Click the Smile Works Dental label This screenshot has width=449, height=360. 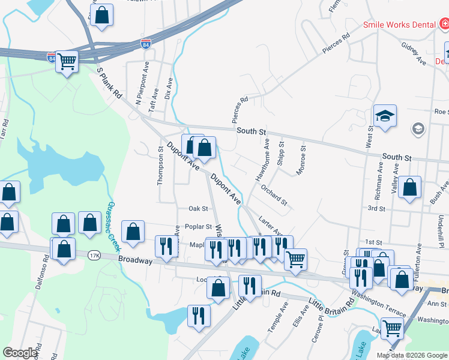pyautogui.click(x=399, y=25)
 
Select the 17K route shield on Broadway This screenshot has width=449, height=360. pyautogui.click(x=94, y=255)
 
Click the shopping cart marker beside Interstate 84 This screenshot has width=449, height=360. pyautogui.click(x=67, y=61)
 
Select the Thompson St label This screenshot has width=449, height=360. pyautogui.click(x=160, y=166)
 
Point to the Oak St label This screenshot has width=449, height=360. pyautogui.click(x=198, y=209)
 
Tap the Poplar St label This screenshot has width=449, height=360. pyautogui.click(x=199, y=227)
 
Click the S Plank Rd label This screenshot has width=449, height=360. pyautogui.click(x=109, y=83)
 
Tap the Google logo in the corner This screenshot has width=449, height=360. pyautogui.click(x=20, y=353)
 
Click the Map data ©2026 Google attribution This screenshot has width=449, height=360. pyautogui.click(x=412, y=355)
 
